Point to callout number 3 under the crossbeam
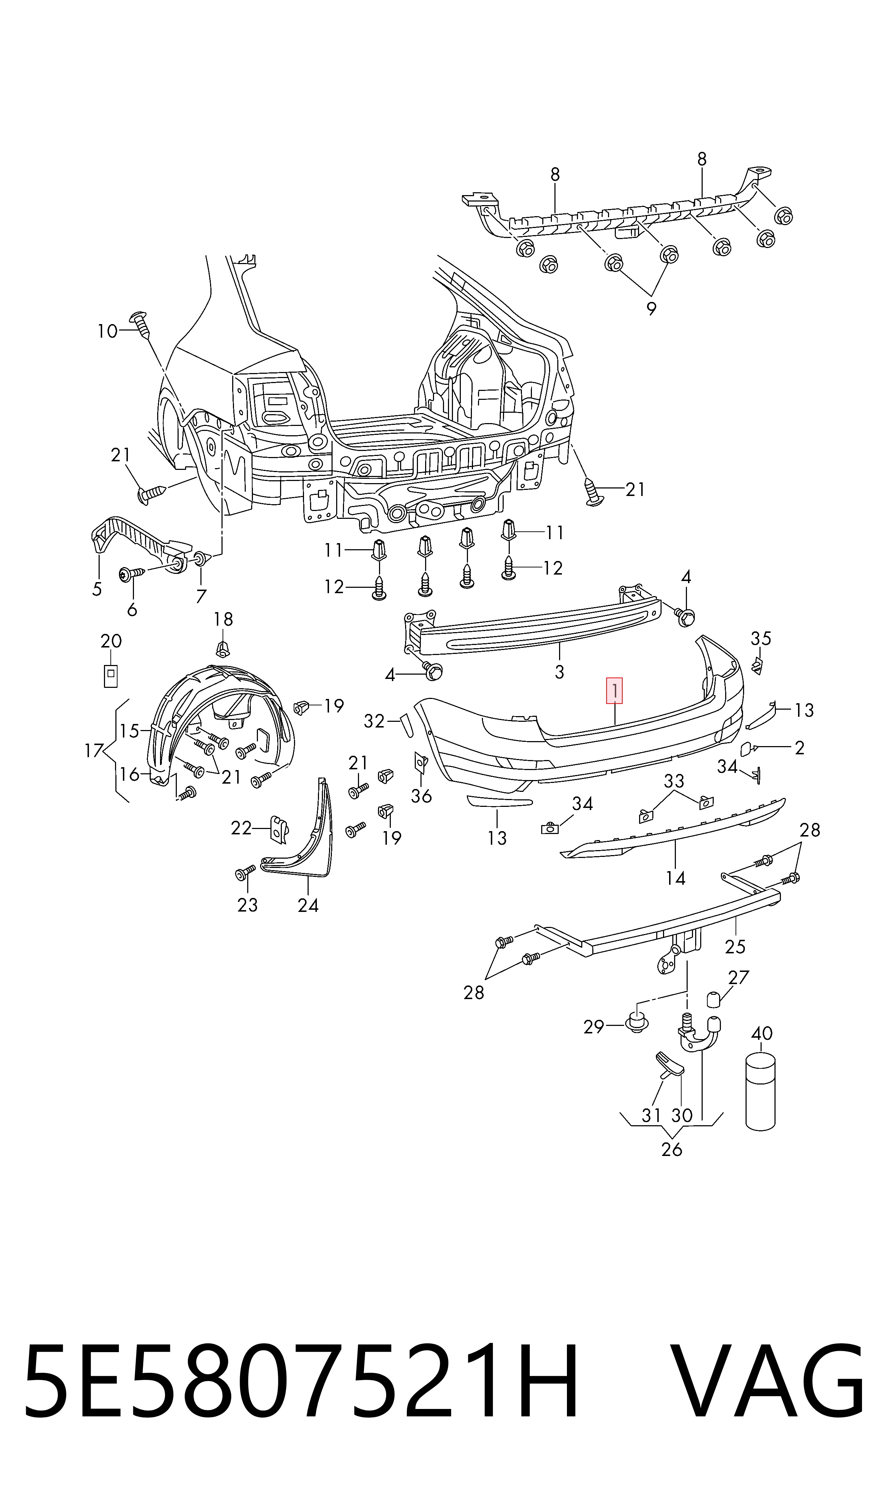559,672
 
